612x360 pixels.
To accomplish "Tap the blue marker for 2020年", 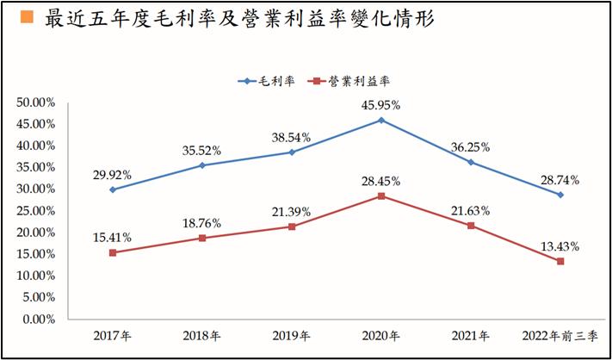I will click(x=381, y=120).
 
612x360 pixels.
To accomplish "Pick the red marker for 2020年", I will click(x=381, y=196).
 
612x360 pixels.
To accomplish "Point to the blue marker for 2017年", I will click(x=113, y=189).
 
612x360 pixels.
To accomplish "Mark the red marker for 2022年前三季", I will click(x=560, y=261).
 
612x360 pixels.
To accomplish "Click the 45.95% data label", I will click(x=381, y=105).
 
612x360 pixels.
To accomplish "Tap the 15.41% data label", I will click(x=113, y=237).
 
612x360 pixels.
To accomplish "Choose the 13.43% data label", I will click(x=560, y=245).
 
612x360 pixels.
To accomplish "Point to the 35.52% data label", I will click(x=202, y=150).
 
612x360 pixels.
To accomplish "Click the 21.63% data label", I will click(x=471, y=210).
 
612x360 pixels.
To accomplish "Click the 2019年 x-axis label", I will click(x=292, y=337).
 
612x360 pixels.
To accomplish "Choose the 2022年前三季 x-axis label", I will click(x=560, y=337).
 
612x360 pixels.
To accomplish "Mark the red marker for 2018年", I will click(x=202, y=238).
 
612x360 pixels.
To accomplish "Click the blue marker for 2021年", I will click(x=471, y=162).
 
